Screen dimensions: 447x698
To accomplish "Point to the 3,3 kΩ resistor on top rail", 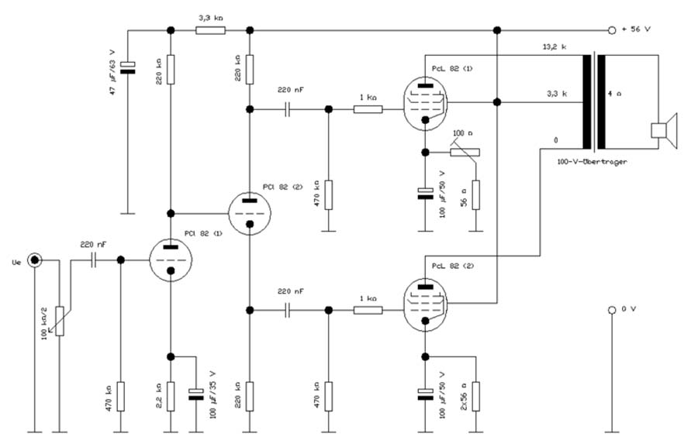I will coord(210,30).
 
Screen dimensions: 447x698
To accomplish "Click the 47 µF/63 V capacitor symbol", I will coord(129,69).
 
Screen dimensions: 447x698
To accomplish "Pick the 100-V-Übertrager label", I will coord(591,162).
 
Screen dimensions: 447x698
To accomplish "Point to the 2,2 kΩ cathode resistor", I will coord(170,394).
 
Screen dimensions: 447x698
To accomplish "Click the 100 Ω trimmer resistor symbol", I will coord(465,152).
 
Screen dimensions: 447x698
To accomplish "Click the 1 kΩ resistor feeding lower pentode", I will coord(368,310).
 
